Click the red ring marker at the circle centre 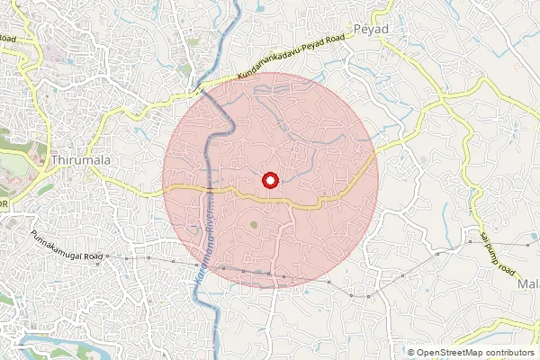click(269, 180)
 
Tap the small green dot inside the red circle click(254, 223)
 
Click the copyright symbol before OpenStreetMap click(411, 353)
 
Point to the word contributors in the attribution click(509, 353)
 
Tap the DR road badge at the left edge click(4, 204)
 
